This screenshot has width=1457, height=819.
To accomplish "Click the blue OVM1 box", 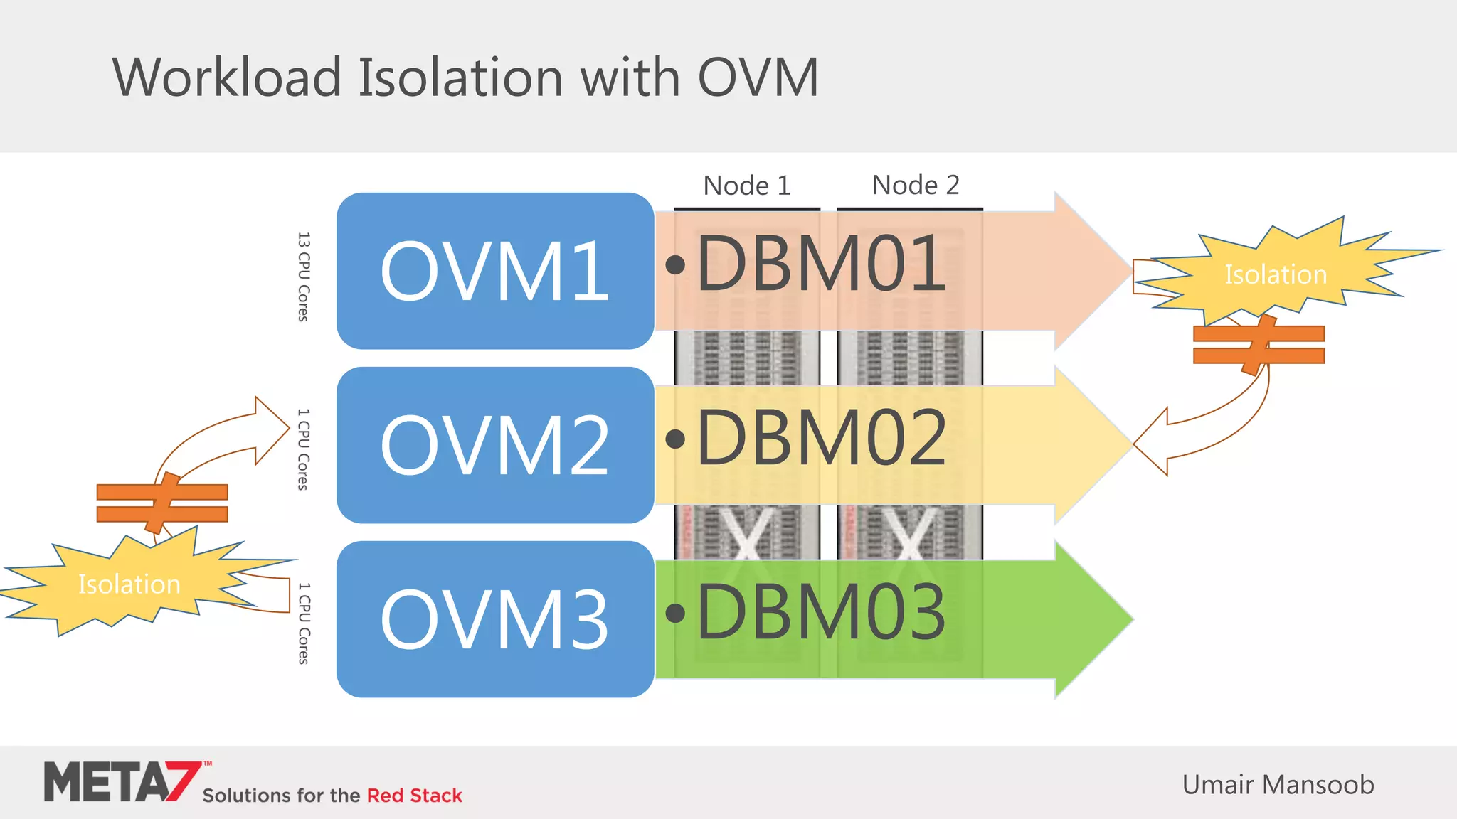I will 494,271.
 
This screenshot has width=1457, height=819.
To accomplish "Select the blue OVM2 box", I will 494,445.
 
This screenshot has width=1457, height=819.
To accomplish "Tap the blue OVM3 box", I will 494,619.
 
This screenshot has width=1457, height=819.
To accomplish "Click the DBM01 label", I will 821,264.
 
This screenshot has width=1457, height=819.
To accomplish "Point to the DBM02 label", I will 821,439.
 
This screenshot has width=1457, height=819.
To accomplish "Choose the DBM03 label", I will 821,612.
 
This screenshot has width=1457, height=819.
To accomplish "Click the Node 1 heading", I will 746,186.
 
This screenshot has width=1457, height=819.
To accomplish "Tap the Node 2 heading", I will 916,185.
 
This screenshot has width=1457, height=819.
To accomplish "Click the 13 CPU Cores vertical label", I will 304,277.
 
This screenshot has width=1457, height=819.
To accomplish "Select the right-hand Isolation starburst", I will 1275,274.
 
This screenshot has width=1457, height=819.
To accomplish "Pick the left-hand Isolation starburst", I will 129,584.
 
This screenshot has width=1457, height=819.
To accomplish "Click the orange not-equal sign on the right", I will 1259,345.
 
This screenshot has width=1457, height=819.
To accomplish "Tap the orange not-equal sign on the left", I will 162,503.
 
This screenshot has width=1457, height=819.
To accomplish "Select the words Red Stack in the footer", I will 414,796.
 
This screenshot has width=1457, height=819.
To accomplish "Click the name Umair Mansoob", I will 1278,785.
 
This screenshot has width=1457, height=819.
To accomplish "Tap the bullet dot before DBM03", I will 675,613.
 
